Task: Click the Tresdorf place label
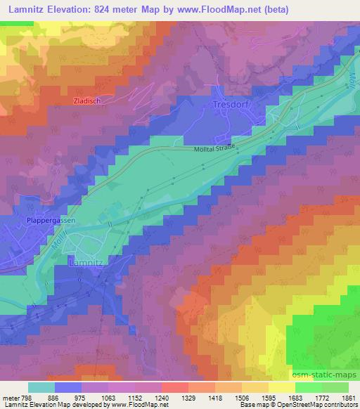230,104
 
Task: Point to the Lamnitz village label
86,261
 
